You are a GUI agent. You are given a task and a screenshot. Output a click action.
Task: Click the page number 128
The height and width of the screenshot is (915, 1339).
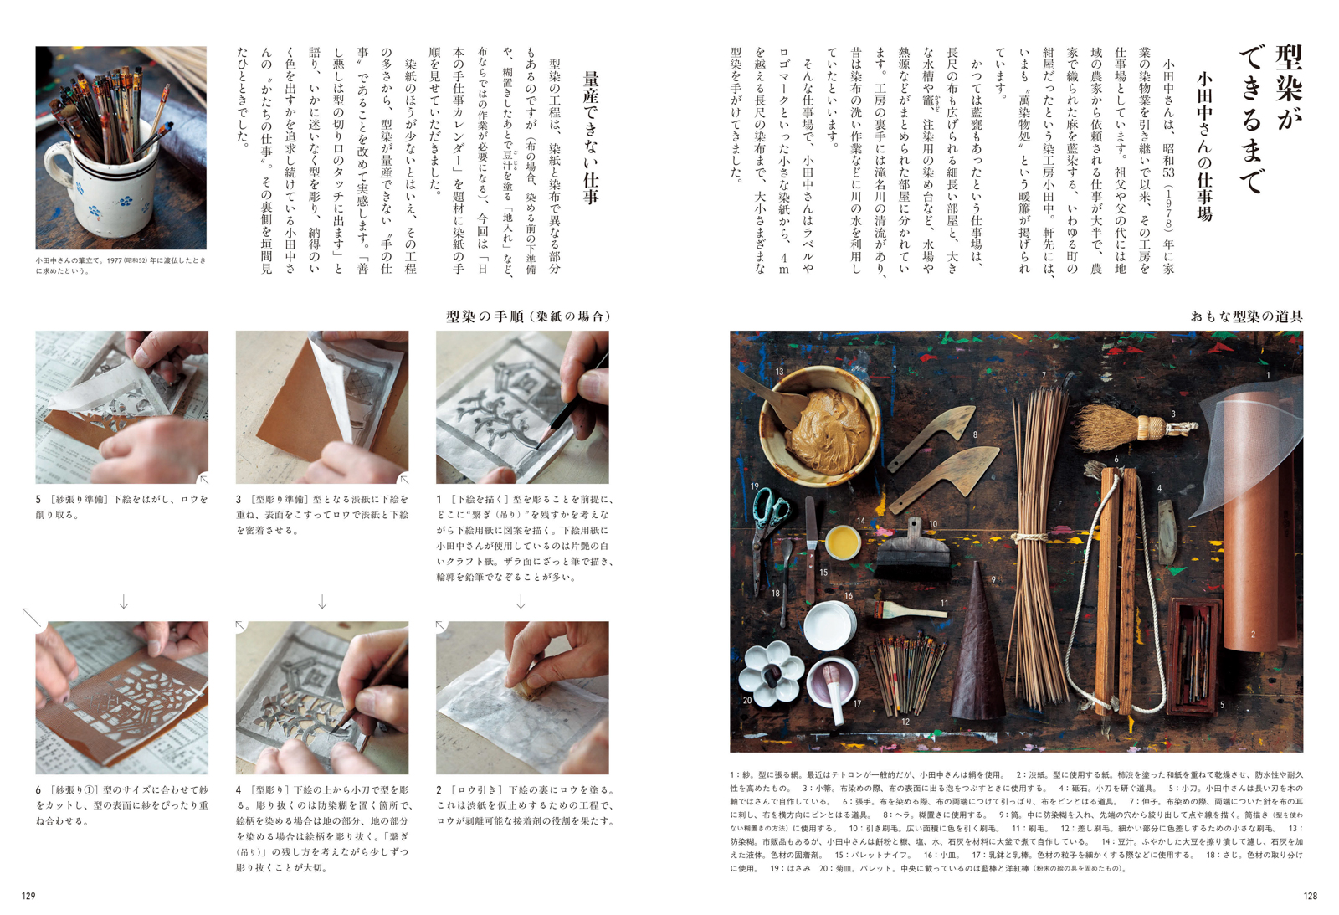point(1310,896)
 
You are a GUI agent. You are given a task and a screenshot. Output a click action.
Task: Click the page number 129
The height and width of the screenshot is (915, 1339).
point(28,896)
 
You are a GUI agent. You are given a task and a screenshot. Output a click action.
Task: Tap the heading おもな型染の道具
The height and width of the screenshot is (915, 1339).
point(1246,316)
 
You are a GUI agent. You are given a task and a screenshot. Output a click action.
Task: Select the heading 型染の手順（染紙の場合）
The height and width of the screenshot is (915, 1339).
point(528,316)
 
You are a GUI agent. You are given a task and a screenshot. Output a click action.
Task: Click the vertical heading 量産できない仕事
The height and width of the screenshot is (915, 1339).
point(591,138)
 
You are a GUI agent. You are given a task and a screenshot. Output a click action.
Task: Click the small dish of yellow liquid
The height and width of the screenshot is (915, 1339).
point(843,542)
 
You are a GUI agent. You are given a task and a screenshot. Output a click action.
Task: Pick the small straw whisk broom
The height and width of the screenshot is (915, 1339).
point(1133,426)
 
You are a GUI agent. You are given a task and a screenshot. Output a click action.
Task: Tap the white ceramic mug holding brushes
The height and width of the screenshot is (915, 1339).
point(105,179)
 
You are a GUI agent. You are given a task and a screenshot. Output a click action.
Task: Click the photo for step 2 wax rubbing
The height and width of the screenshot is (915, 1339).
point(522,697)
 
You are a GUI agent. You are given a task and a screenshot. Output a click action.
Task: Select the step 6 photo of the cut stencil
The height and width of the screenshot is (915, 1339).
point(122,697)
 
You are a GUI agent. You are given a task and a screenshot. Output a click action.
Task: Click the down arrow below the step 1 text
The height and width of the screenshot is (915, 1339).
point(521,601)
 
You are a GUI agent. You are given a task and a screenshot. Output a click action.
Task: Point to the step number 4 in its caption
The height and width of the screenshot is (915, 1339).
point(239,790)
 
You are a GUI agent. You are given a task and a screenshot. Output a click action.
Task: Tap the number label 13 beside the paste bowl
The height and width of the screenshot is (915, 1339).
point(779,372)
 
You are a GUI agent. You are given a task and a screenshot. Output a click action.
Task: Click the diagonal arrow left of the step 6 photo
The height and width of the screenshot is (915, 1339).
point(32,617)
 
